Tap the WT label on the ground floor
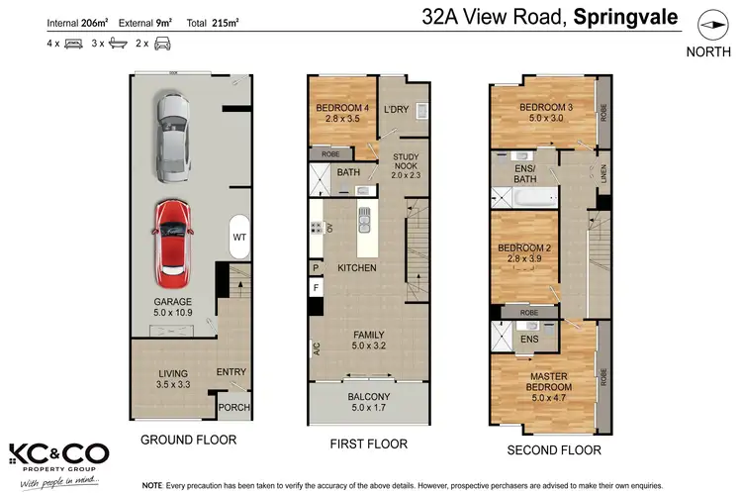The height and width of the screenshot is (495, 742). [x=239, y=238]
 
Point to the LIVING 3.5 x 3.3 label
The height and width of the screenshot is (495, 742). [x=173, y=379]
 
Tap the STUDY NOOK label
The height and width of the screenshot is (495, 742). [x=406, y=163]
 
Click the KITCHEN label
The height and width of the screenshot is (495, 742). [x=357, y=268]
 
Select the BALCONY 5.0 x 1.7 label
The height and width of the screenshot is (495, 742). [x=368, y=401]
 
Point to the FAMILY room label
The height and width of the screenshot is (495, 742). [x=368, y=341]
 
